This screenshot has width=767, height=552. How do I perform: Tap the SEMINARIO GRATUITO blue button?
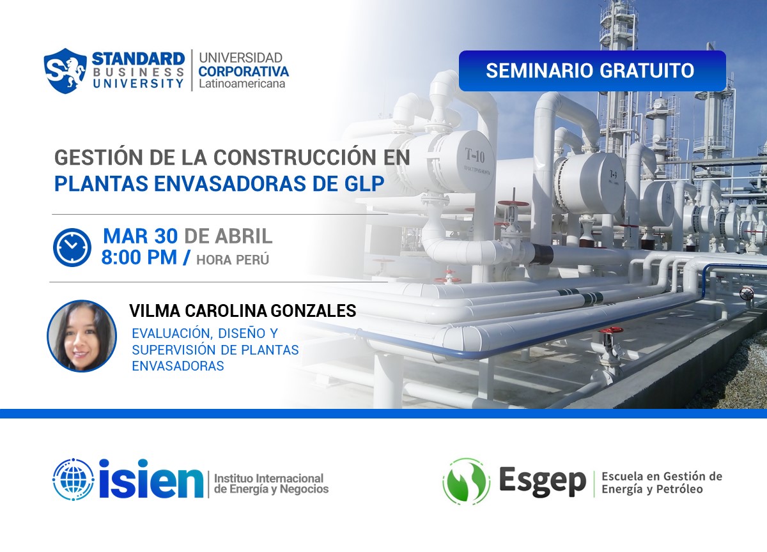591,70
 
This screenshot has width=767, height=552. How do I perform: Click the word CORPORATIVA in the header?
243,71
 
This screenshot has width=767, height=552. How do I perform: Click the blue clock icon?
72,247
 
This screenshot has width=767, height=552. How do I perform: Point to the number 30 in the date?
166,236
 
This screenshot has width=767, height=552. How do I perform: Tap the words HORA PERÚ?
233,259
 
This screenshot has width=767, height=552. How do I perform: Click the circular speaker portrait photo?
82,335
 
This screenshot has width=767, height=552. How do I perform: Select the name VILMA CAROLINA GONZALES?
242,311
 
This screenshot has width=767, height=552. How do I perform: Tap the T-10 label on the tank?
475,155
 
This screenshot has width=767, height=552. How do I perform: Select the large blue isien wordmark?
151,479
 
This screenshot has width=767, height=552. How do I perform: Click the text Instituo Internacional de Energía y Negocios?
270,484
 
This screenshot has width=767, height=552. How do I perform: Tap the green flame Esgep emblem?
466,481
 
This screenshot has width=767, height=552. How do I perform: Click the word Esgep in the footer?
542,480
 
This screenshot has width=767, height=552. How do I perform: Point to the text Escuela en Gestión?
661,477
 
